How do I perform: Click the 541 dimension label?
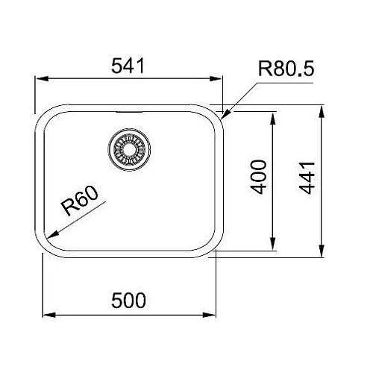click(x=128, y=66)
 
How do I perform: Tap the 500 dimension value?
click(x=128, y=301)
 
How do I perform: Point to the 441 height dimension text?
click(x=307, y=178)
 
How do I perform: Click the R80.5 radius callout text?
click(x=286, y=69)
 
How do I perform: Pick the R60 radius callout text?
click(x=81, y=201)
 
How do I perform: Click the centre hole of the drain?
click(x=129, y=150)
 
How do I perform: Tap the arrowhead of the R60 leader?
click(x=51, y=235)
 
